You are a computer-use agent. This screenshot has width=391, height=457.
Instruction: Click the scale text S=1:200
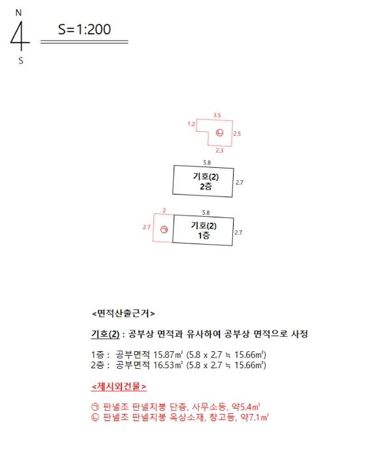[x=84, y=29]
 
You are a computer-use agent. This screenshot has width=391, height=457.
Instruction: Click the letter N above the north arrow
[x=18, y=13]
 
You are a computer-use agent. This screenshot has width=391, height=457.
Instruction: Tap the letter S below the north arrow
[x=21, y=61]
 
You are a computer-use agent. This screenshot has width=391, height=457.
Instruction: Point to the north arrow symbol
[x=21, y=37]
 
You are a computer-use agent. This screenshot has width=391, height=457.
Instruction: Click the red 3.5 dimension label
[x=217, y=116]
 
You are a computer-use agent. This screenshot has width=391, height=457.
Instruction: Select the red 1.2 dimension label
[x=191, y=124]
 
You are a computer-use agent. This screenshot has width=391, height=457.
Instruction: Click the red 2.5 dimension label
[x=237, y=134]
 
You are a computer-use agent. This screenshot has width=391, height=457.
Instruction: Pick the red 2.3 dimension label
[x=219, y=150]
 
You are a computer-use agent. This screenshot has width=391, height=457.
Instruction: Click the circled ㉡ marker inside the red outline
[x=220, y=133]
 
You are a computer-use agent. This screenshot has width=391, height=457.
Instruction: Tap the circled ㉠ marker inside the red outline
[x=164, y=230]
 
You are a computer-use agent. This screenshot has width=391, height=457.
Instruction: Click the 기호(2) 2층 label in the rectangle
[x=206, y=181]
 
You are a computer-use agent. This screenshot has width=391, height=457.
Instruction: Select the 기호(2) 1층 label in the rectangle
[x=204, y=230]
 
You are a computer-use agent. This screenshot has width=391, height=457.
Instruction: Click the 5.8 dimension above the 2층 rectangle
[x=207, y=163]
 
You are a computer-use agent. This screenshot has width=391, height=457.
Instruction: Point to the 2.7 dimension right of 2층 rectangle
[x=239, y=182]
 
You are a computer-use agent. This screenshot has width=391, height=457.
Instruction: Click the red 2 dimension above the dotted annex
[x=164, y=210]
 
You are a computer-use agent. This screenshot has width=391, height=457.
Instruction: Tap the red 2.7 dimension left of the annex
[x=147, y=227]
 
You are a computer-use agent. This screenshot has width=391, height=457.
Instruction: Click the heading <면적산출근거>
[x=123, y=313]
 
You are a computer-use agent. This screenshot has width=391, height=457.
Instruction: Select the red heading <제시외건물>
[x=119, y=386]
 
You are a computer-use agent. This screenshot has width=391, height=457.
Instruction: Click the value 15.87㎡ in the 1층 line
[x=168, y=355]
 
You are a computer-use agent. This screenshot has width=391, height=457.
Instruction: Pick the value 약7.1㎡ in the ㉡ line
[x=255, y=417]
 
